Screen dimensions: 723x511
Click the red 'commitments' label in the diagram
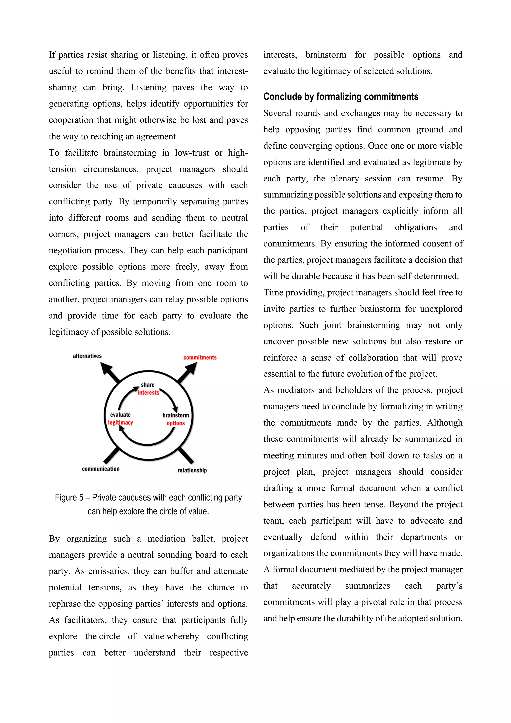(x=200, y=358)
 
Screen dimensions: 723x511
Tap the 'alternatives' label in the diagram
(x=87, y=356)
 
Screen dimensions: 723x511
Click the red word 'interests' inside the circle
(x=148, y=393)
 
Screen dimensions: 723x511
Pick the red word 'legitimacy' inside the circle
(x=121, y=423)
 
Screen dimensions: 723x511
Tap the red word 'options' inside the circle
(x=176, y=423)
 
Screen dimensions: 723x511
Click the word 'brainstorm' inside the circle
(x=176, y=415)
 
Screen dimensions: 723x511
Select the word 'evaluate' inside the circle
(x=120, y=415)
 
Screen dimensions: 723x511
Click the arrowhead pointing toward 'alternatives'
(x=106, y=368)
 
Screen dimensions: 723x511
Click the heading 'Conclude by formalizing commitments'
(x=341, y=97)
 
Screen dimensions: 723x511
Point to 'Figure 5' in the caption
(x=69, y=498)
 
